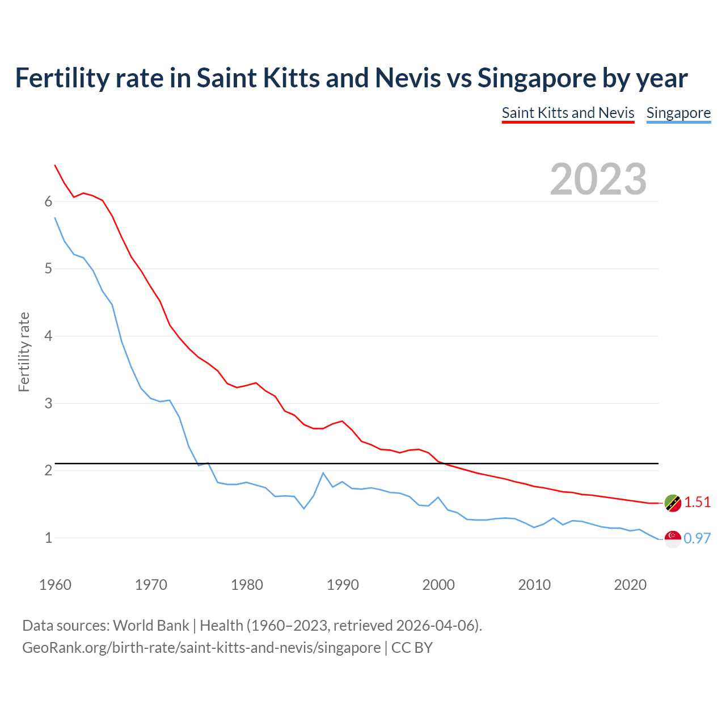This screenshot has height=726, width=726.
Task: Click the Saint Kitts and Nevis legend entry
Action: tap(568, 113)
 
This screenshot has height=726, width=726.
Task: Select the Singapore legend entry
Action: tap(678, 113)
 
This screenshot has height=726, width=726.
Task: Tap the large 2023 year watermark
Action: tap(598, 179)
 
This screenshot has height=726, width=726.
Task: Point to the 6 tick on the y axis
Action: tap(48, 202)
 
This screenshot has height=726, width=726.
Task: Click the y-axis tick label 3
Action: tap(48, 403)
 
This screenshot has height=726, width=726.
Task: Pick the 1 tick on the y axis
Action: tap(48, 538)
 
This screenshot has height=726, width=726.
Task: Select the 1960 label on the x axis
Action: tap(55, 585)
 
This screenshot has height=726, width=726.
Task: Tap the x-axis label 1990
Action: tap(343, 585)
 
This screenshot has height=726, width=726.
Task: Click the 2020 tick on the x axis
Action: tap(630, 585)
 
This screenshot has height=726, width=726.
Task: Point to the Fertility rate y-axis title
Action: tap(24, 352)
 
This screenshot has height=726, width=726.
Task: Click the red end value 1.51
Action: tap(697, 503)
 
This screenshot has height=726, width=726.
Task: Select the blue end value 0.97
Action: tap(697, 539)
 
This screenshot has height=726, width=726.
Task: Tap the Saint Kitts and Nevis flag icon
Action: tap(673, 503)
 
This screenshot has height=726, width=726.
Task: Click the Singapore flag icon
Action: tap(673, 539)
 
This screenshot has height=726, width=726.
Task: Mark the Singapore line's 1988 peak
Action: tap(323, 473)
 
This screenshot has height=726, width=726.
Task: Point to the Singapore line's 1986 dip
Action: tap(304, 508)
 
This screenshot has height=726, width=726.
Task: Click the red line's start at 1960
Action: tap(55, 165)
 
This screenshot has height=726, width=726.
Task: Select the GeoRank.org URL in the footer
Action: tap(201, 648)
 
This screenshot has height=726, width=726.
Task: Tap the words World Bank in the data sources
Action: tap(151, 626)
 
